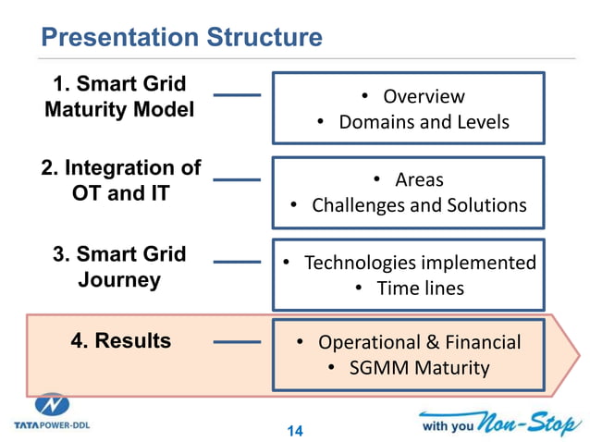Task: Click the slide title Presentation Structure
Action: pos(182,37)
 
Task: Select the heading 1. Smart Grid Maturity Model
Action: pos(120,97)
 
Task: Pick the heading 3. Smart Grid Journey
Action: pos(119,266)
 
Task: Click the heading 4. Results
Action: pos(120,340)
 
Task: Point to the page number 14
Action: pos(295,430)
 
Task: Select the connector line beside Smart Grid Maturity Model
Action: pos(237,94)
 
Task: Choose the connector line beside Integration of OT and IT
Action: pos(237,179)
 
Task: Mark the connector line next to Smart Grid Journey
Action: pos(237,263)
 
